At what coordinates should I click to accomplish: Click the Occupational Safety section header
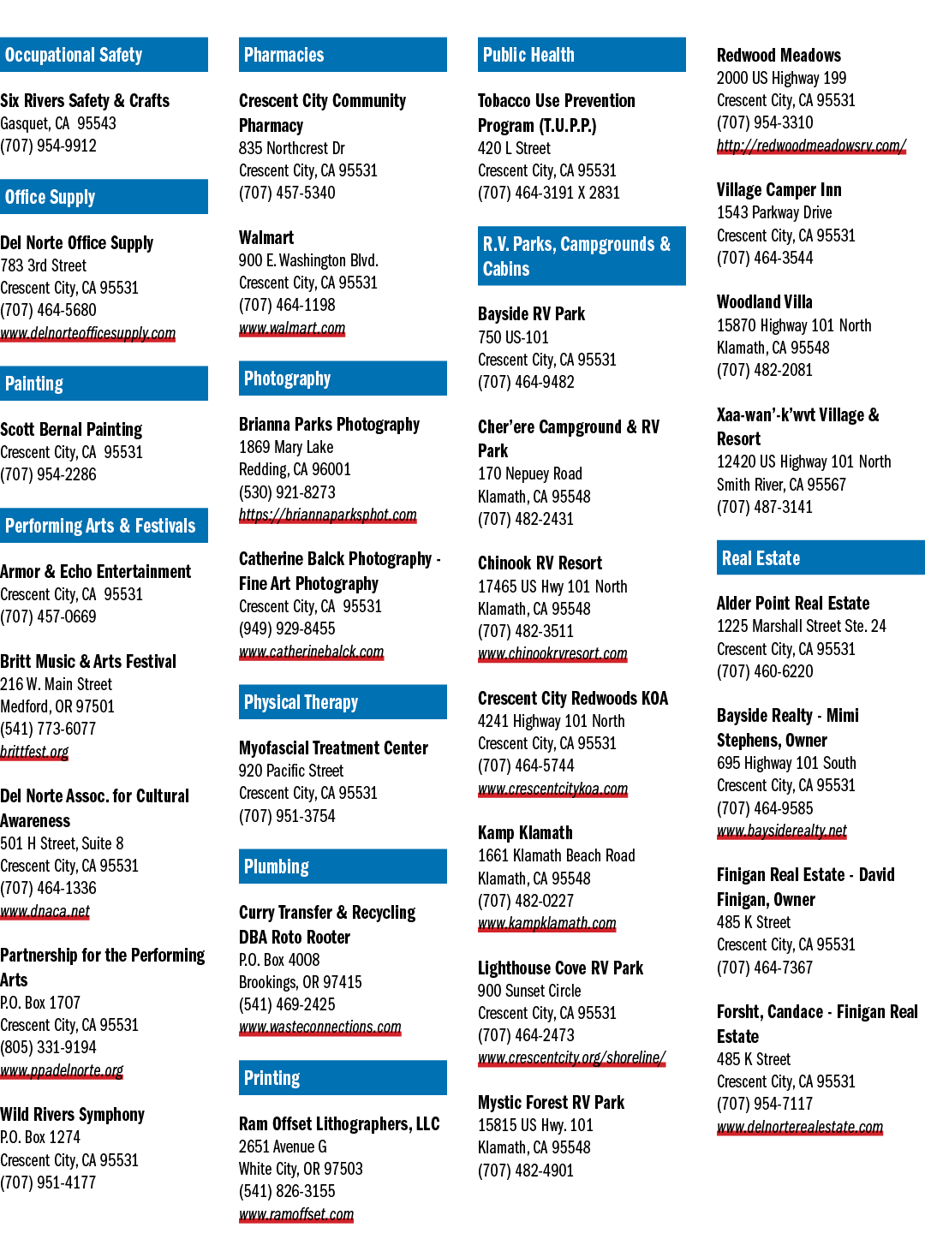(104, 55)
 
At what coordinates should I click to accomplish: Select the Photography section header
(343, 378)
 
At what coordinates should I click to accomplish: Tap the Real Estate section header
(821, 557)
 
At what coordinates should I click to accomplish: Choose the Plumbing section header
(343, 867)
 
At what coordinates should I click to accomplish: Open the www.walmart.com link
(292, 327)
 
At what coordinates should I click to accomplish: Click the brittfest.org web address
(34, 752)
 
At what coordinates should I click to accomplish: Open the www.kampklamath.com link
(547, 923)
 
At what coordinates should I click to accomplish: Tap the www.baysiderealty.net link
(782, 831)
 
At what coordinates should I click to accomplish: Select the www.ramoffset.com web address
(296, 1214)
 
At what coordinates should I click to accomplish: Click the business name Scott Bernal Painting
(71, 429)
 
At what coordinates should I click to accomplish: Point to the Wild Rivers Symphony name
(73, 1114)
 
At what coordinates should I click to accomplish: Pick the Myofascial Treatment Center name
(334, 748)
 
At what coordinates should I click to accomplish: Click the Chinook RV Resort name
(540, 563)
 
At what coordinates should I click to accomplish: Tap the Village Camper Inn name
(779, 190)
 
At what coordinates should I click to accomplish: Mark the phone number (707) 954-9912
(48, 146)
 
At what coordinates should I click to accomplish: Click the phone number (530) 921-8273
(287, 492)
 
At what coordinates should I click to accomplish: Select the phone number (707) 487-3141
(764, 507)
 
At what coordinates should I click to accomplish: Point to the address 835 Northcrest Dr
(291, 148)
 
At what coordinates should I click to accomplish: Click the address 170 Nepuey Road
(529, 474)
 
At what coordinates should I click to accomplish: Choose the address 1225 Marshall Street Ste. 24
(802, 626)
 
